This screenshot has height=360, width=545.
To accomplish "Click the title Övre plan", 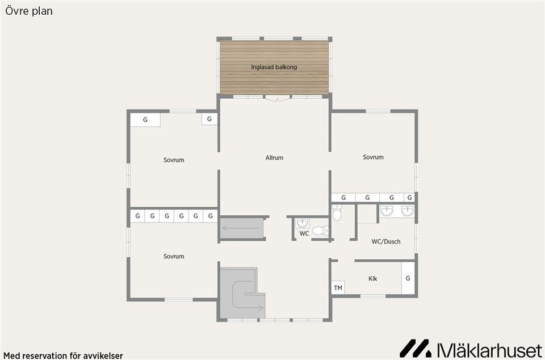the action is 29,11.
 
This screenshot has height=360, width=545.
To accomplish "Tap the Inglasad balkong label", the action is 274,66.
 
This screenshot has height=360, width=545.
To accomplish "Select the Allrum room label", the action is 274,158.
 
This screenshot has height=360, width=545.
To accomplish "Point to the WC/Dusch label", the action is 386,241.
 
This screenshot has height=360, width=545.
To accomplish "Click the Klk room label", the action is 372,278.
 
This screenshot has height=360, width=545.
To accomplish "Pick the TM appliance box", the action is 338,288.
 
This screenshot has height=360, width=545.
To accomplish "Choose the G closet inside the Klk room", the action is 408,278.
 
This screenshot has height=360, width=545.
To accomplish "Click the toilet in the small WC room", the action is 320,231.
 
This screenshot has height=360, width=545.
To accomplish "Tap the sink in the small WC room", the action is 303,223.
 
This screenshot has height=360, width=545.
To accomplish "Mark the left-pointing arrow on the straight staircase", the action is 241,228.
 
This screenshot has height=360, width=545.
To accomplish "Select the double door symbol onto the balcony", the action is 277,99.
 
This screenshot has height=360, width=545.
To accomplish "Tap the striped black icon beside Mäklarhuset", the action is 415,348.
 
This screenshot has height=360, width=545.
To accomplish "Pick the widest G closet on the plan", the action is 145,120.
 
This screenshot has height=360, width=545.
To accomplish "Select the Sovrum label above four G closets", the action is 373,157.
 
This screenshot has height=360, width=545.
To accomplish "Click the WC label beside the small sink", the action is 304,233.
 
